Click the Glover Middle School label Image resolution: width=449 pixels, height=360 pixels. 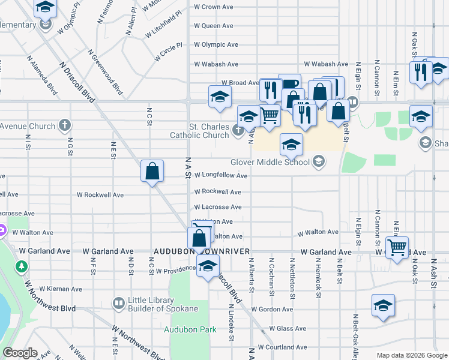click(270, 162)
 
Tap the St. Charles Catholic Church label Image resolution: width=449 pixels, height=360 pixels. click(208, 131)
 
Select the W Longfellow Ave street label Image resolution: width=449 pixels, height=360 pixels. click(220, 176)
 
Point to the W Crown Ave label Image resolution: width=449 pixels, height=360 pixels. click(213, 7)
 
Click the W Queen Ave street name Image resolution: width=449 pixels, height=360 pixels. click(213, 26)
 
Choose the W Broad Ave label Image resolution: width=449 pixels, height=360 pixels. click(240, 83)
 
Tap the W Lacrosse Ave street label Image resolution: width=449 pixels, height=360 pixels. click(217, 207)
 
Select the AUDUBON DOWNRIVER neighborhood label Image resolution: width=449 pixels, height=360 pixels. click(202, 252)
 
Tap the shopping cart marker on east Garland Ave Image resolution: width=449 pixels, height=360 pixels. click(397, 247)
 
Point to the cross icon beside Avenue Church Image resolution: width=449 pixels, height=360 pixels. click(65, 126)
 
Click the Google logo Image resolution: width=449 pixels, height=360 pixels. click(19, 353)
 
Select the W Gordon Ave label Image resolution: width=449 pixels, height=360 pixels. click(272, 310)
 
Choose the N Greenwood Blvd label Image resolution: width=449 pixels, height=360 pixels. click(105, 72)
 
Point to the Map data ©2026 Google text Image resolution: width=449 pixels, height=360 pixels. click(411, 355)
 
